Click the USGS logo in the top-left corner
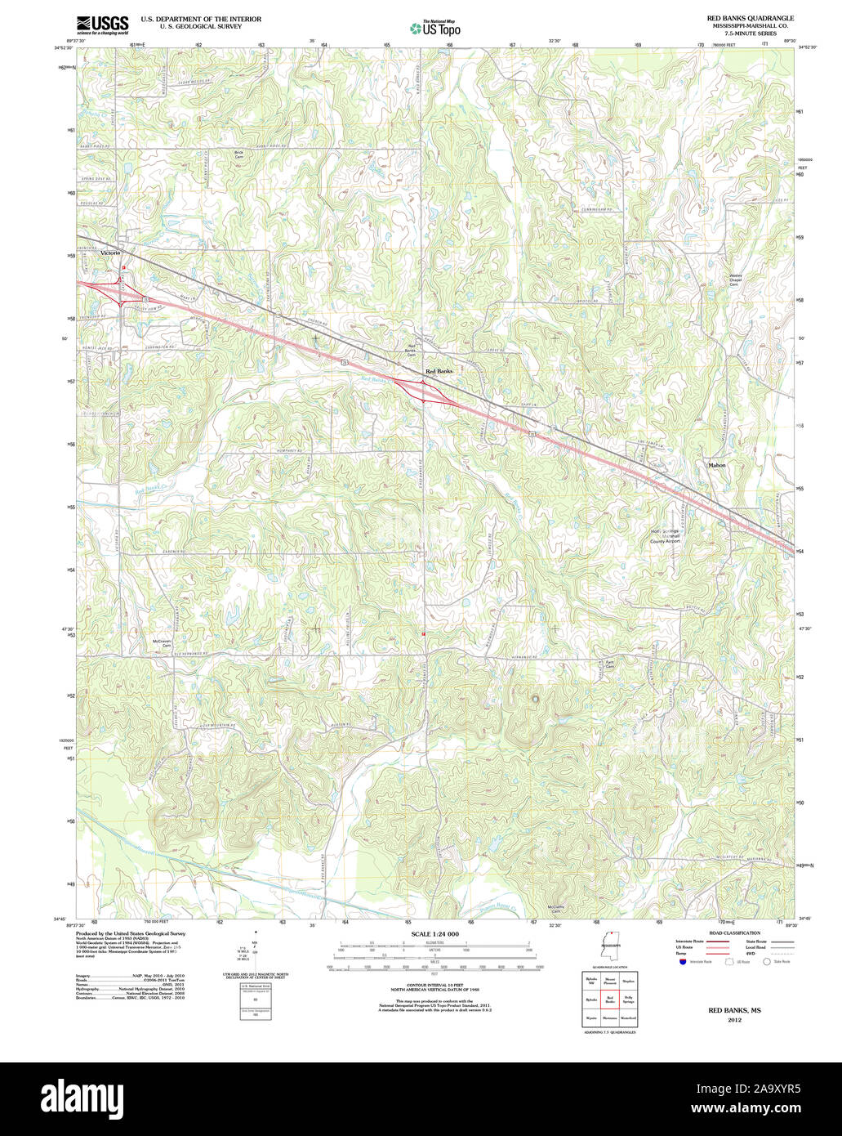(x=101, y=25)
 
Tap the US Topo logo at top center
(x=435, y=28)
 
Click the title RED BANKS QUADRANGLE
(x=750, y=18)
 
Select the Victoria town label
(x=110, y=253)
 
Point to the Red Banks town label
(x=439, y=371)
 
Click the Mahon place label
(x=716, y=465)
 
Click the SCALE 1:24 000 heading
(x=434, y=933)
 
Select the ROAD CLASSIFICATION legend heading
(x=733, y=933)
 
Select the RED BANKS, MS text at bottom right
(x=733, y=1010)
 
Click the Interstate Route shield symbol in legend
(x=683, y=962)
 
